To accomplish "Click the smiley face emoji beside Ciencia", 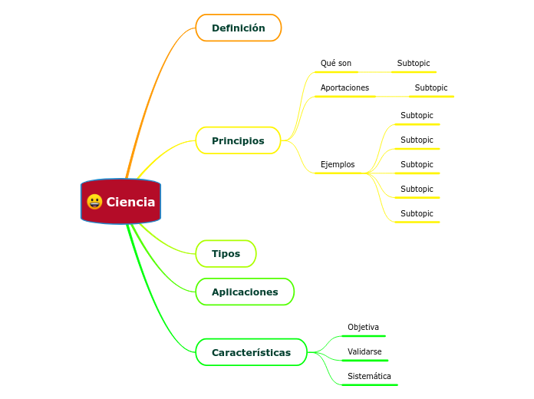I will coord(94,202).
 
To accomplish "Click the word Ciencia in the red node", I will coord(130,202).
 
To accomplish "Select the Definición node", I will coord(239,28).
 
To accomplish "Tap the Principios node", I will coord(238,140).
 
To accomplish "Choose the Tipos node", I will coord(226,253).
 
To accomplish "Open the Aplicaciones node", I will coord(245,292).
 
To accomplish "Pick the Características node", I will coord(251,352).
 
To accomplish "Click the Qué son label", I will coord(336,63).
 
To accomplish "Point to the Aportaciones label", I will coord(344,87).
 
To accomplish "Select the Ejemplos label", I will coord(338,164).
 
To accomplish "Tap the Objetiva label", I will coord(363,327).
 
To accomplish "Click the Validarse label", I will coord(364,351).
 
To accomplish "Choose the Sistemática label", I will coord(369,376).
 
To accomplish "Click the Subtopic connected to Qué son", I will coord(414,63).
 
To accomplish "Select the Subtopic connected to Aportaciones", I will coord(431,87).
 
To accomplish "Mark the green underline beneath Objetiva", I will coord(364,335).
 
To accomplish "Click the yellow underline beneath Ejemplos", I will coord(340,173).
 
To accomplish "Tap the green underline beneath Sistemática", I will coord(369,384).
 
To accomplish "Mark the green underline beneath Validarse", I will coord(365,360).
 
